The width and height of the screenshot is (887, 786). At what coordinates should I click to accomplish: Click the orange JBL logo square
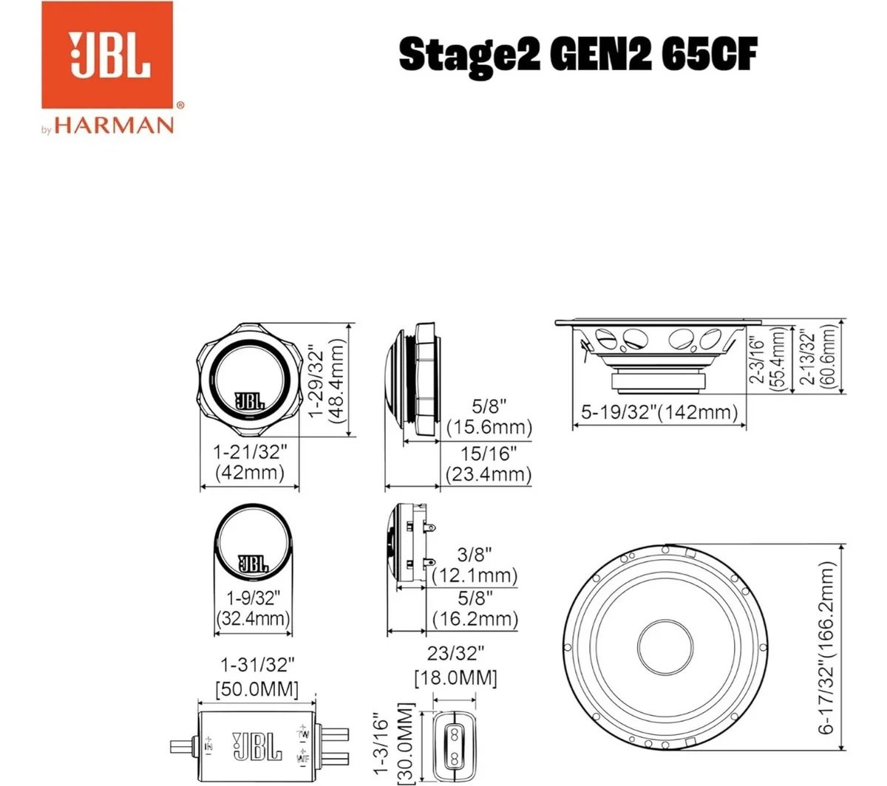pyautogui.click(x=107, y=55)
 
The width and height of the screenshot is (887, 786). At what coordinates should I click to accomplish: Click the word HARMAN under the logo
pyautogui.click(x=114, y=126)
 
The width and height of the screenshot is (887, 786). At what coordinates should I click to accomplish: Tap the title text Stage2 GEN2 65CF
pyautogui.click(x=578, y=55)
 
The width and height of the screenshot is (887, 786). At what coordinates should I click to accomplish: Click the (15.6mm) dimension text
pyautogui.click(x=489, y=427)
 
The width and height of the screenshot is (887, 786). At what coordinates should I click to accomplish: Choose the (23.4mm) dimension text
pyautogui.click(x=488, y=474)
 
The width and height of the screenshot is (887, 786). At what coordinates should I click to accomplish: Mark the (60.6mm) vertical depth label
pyautogui.click(x=828, y=356)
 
